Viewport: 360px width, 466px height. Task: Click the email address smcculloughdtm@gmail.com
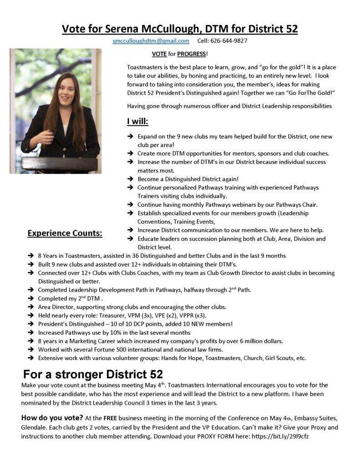coord(151,41)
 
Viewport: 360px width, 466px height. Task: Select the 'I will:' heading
coord(137,122)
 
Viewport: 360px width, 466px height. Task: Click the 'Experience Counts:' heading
coord(65,234)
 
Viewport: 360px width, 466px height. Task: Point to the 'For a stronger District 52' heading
coord(93,375)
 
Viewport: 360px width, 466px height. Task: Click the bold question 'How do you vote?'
coord(52,417)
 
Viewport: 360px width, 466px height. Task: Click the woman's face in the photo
coord(66,89)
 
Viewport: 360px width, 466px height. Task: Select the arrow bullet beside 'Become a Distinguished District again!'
coord(130,179)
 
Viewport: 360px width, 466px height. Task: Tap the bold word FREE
coord(111,418)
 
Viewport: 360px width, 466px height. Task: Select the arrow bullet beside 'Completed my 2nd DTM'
coord(30,299)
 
